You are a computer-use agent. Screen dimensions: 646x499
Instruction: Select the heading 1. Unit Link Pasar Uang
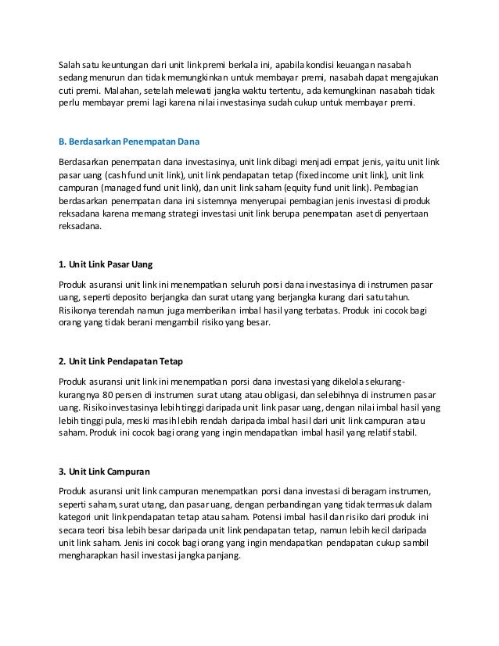pyautogui.click(x=106, y=261)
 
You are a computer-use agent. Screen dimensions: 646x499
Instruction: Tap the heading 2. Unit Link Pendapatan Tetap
pyautogui.click(x=121, y=361)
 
